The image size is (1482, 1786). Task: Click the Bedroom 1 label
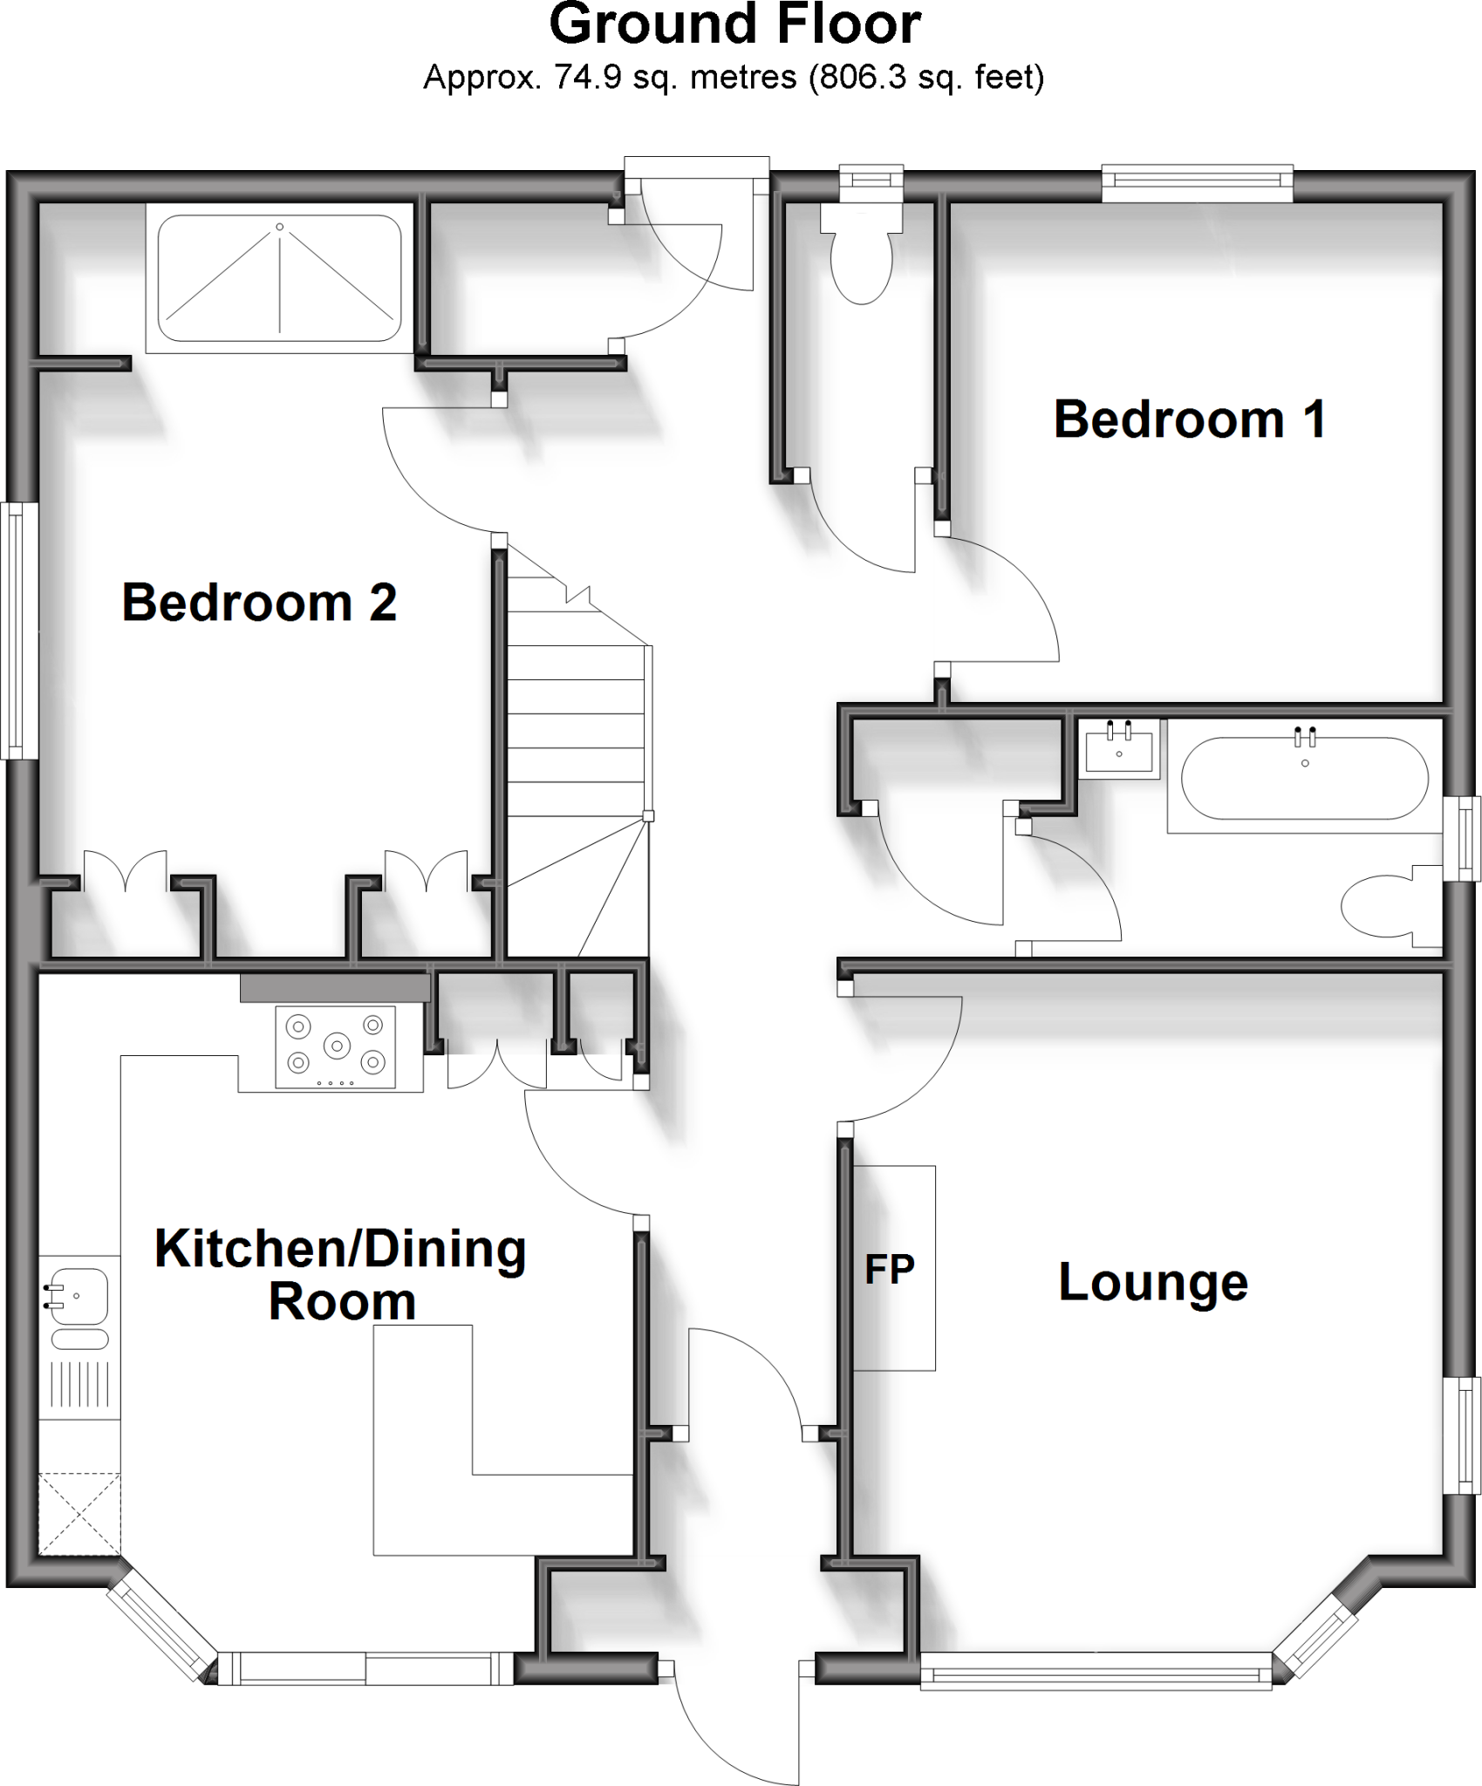(1190, 419)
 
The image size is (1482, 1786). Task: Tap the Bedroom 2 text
(259, 603)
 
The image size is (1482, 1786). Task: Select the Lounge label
(1153, 1282)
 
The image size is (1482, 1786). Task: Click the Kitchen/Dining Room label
(341, 1275)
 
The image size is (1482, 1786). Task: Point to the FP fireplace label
(890, 1270)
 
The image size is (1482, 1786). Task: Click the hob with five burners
(336, 1046)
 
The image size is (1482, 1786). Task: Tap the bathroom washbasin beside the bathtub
(1119, 747)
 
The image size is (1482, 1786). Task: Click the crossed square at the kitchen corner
(79, 1513)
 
